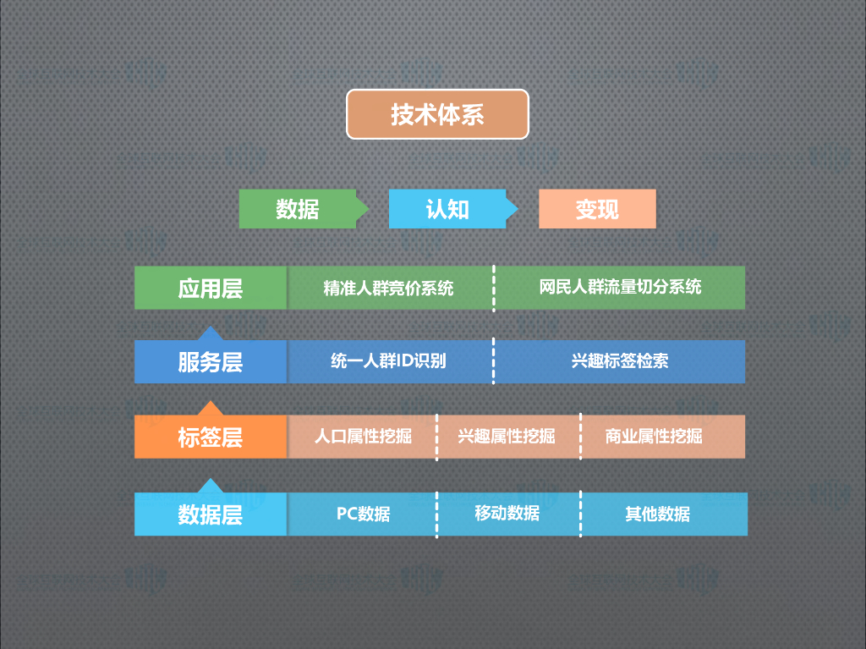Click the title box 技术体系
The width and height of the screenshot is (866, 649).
point(437,114)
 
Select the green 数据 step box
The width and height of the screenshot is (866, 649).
point(298,209)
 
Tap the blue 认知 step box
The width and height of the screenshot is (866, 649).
point(447,209)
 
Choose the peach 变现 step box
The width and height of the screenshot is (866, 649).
point(597,209)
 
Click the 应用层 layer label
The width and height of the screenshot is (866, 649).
point(211,288)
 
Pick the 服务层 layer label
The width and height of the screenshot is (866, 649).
point(211,362)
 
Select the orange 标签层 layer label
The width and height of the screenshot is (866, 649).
point(211,437)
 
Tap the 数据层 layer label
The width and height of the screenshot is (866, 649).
point(211,514)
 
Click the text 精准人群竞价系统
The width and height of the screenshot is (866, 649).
point(388,289)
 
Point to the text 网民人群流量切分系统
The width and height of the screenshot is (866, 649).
point(620,287)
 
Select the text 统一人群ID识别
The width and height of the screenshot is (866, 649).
point(388,361)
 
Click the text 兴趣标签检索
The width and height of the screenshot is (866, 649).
point(620,361)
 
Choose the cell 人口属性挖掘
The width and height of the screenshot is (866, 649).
point(363,437)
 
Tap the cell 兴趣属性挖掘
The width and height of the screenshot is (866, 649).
point(507,437)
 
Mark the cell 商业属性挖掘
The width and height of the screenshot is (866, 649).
point(654,437)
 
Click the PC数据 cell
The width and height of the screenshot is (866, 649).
point(363,514)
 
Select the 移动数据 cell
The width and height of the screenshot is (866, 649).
point(507,514)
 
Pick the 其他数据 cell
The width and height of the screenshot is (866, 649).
point(657,514)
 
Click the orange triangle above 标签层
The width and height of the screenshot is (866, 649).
point(210,409)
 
